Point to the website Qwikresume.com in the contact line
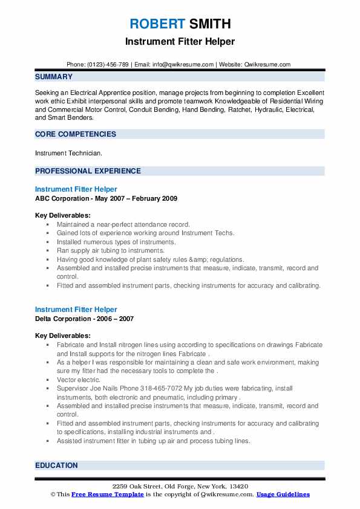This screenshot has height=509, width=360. click(x=268, y=64)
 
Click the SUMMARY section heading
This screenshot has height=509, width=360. click(x=54, y=77)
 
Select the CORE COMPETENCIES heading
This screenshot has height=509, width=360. click(x=75, y=134)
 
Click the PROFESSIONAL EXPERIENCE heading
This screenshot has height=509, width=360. click(x=88, y=171)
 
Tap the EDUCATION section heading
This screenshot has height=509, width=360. click(x=56, y=465)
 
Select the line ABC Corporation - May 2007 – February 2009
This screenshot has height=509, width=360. click(x=106, y=198)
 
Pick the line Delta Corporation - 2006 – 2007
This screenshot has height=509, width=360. click(x=84, y=319)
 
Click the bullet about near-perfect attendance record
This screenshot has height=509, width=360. click(x=123, y=224)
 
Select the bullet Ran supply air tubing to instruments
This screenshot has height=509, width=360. click(x=111, y=250)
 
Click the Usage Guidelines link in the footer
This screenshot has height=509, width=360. click(x=283, y=494)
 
